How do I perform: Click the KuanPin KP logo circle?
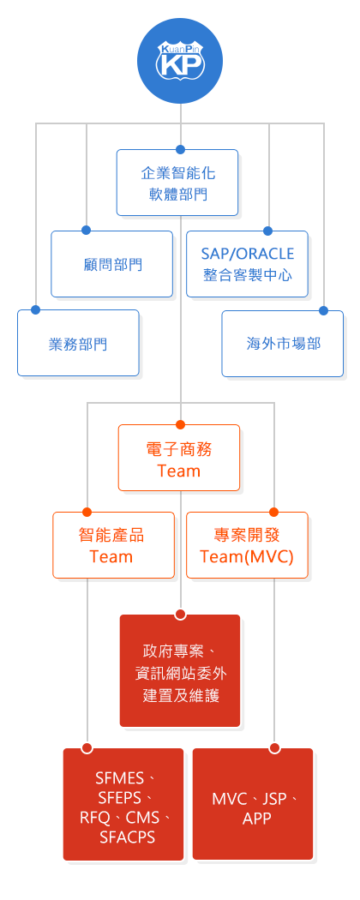(x=180, y=60)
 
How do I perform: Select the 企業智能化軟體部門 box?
(x=177, y=183)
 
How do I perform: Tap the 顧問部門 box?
(x=112, y=264)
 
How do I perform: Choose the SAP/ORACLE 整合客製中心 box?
(x=248, y=264)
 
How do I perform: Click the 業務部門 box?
(x=78, y=343)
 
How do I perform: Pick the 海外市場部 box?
(x=283, y=343)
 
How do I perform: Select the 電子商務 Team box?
(x=179, y=458)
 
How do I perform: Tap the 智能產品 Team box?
(x=114, y=545)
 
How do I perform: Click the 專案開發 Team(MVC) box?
(x=248, y=545)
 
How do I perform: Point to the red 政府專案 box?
(x=180, y=670)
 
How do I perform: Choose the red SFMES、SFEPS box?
(x=123, y=804)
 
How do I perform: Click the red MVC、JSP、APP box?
(x=253, y=804)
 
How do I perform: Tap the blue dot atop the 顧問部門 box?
(x=86, y=231)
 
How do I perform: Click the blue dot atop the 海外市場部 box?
(x=323, y=310)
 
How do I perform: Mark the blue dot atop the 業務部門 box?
(x=36, y=310)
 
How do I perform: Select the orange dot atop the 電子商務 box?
(x=180, y=425)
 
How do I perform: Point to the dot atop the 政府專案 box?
(x=180, y=615)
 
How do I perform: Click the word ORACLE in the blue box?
(x=266, y=254)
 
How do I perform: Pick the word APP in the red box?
(x=256, y=819)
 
